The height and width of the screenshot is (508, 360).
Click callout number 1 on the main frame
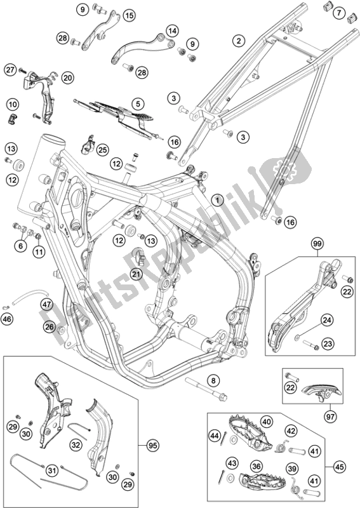(x=217, y=199)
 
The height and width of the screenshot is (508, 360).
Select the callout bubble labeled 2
(x=238, y=41)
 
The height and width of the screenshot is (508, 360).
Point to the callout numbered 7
(x=340, y=13)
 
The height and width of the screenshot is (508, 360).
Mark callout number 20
(x=67, y=77)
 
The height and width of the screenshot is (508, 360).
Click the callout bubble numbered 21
(x=135, y=274)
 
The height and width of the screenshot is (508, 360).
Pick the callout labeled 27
(x=10, y=70)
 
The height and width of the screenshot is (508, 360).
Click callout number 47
(x=47, y=304)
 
